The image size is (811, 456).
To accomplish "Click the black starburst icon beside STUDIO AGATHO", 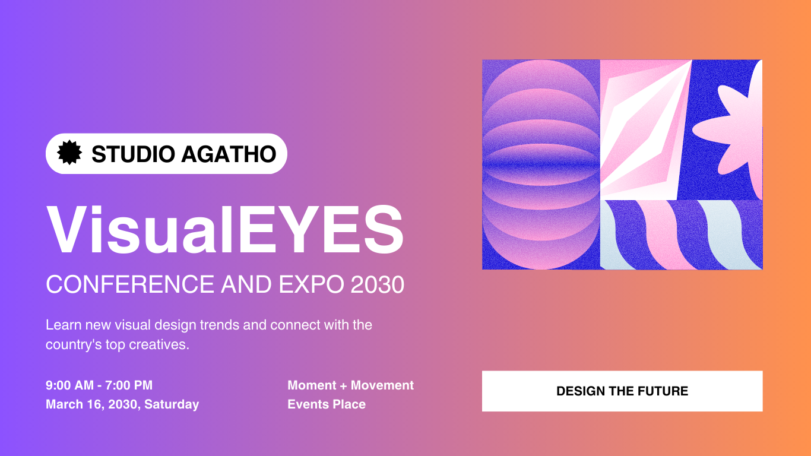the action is point(69,153).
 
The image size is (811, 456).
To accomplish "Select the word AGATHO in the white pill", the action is point(229,154).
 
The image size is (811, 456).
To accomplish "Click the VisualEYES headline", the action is point(225,230).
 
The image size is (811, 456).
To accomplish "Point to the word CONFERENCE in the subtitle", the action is point(130,284).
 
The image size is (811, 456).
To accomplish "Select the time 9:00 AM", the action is point(69,385).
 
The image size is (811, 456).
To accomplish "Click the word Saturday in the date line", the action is point(172,404).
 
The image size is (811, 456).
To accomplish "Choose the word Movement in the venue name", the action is point(382,385).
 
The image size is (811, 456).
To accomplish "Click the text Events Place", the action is point(327,404).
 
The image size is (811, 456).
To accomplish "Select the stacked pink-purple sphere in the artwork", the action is point(541,165).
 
